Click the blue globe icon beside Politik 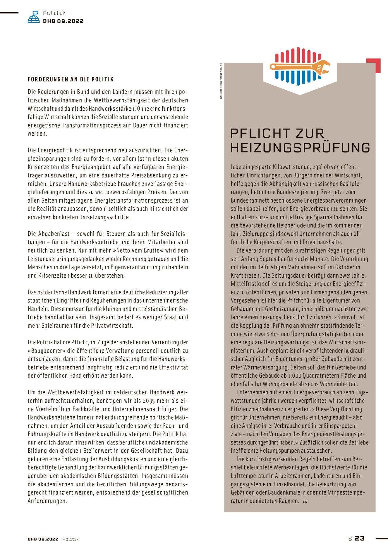[x=34, y=17]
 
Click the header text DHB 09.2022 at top [x=63, y=21]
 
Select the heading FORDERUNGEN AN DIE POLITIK [x=71, y=79]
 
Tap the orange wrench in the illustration [x=300, y=67]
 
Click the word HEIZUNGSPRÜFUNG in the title [x=300, y=148]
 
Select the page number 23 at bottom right [x=360, y=538]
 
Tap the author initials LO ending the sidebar [x=305, y=501]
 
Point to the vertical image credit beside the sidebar [x=221, y=81]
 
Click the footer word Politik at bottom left [x=71, y=539]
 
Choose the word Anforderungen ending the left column [x=47, y=501]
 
